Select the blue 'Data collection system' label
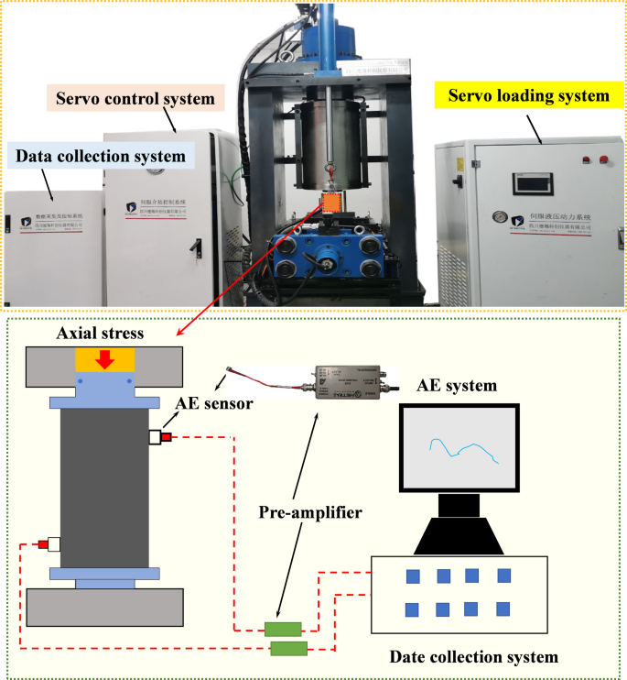coord(100,157)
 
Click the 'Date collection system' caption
coord(473,657)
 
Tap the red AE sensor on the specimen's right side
coord(168,437)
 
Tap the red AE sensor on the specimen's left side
coord(43,544)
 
